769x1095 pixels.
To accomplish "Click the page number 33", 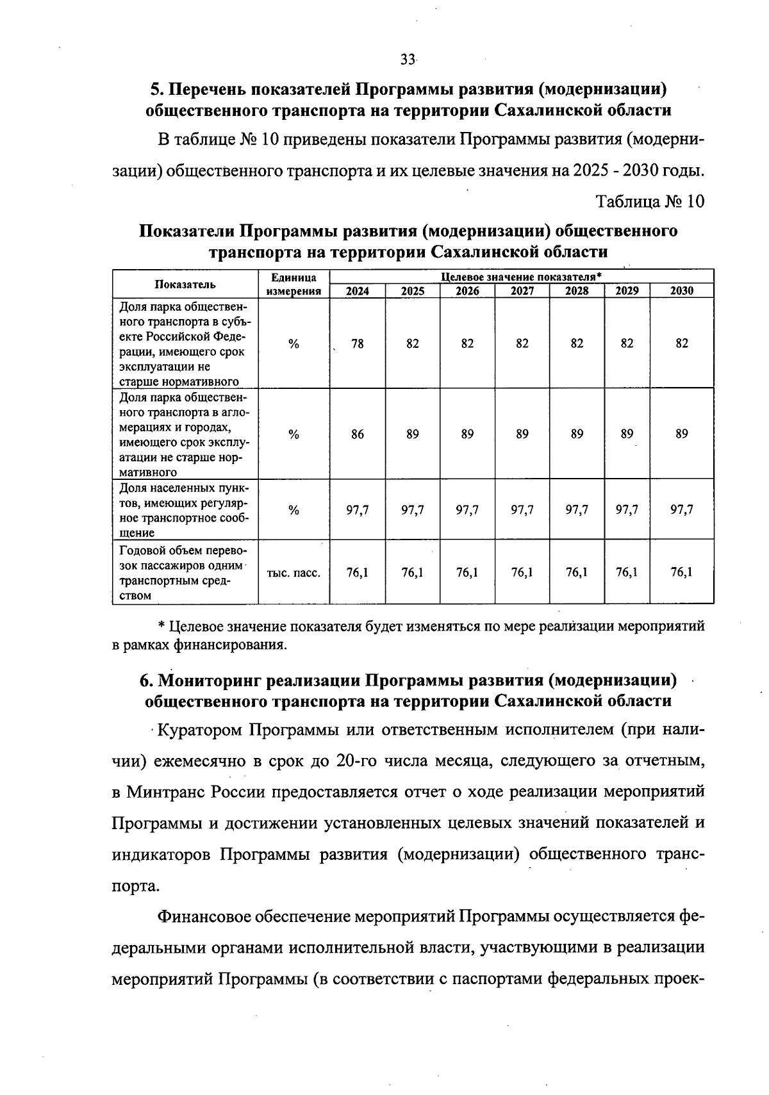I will click(x=408, y=60).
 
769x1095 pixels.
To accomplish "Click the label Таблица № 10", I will click(x=650, y=201).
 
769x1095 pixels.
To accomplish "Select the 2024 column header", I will click(x=358, y=291).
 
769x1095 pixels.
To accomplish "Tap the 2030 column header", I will click(x=682, y=291).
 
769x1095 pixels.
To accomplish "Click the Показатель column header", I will click(x=185, y=284).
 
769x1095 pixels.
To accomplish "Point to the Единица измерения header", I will click(x=294, y=284).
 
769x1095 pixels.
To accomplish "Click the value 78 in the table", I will click(x=358, y=343).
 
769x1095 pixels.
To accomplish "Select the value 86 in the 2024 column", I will click(x=358, y=434).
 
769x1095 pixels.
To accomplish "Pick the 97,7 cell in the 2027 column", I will click(x=522, y=510).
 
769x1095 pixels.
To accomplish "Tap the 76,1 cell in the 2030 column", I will click(x=682, y=572).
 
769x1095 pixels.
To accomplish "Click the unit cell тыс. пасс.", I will click(x=294, y=573).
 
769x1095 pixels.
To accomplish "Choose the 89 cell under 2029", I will click(x=627, y=434).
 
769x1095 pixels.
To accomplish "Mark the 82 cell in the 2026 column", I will click(x=467, y=343).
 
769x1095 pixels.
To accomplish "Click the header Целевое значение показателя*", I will click(x=521, y=277).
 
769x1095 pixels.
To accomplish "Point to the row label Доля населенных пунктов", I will click(x=185, y=510).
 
